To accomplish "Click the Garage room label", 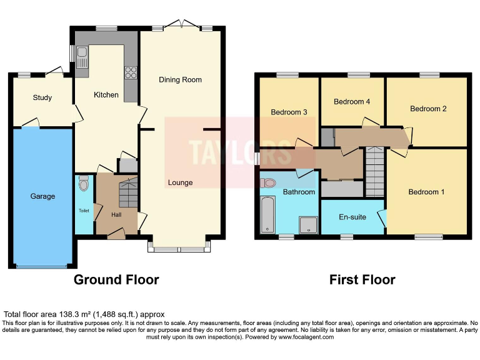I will click(x=42, y=196).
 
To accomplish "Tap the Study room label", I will click(x=42, y=97).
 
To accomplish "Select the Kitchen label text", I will click(x=106, y=95).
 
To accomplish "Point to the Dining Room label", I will click(x=180, y=80).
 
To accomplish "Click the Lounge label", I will click(x=180, y=182).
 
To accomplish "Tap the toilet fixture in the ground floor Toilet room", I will click(x=83, y=184).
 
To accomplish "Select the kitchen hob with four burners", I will click(x=131, y=72).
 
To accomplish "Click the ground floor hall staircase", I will click(x=127, y=194).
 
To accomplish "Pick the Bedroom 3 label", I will click(x=288, y=112).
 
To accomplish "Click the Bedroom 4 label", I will click(x=352, y=102).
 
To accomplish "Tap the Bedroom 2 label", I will click(x=428, y=109).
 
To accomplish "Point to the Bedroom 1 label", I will click(x=426, y=192).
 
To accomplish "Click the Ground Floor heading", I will click(x=116, y=279).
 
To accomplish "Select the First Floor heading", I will click(x=362, y=279).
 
